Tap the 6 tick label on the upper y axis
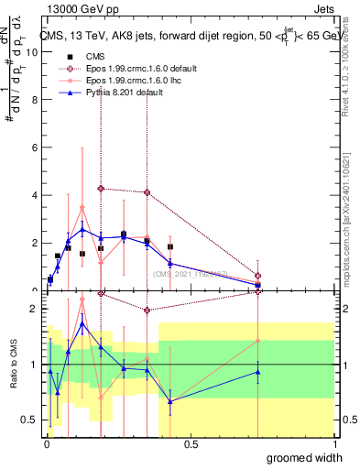[x=37, y=147]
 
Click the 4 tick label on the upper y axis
[x=37, y=195]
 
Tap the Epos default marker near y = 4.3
[x=101, y=188]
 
